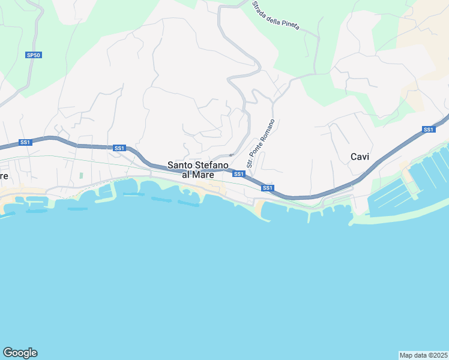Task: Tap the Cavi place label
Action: point(360,157)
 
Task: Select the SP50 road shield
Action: point(33,55)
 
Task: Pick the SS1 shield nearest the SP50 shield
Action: point(25,142)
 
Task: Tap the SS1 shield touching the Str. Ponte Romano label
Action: point(239,174)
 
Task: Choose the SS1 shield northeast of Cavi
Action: point(428,130)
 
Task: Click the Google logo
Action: point(20,353)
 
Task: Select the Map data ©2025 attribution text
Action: point(424,355)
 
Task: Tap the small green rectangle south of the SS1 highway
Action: point(81,176)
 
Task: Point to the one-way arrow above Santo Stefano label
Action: point(231,155)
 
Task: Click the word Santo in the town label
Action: point(179,165)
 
